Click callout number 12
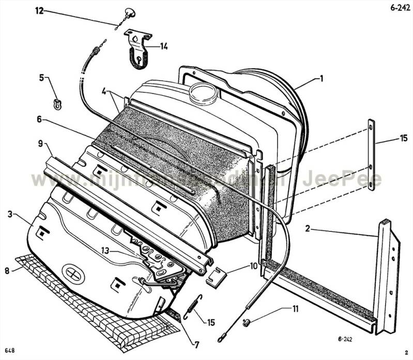(40, 10)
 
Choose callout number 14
(163, 46)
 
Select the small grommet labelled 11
(247, 322)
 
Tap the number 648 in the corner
(10, 351)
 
